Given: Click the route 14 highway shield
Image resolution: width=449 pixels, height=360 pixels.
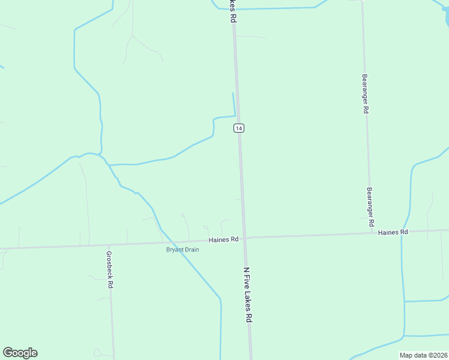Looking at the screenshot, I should point(239,128).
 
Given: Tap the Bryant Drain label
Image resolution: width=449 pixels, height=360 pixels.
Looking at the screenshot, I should point(182,250).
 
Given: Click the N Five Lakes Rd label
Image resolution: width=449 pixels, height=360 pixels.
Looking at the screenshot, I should point(247,295).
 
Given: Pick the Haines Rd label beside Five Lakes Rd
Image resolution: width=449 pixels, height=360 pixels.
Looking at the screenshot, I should point(224,239).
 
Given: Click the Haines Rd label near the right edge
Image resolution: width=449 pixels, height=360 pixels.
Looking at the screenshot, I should point(393,232).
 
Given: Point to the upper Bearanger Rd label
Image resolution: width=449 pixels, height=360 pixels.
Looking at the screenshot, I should point(365,94).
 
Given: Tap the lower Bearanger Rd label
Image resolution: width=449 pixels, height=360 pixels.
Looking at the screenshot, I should point(371,206).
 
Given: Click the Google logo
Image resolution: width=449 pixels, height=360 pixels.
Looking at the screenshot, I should point(20,353).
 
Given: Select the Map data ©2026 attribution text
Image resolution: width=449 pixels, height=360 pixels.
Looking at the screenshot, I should point(423,355).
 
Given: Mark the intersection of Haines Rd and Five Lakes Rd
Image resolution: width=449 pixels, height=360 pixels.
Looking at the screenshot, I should point(245,238).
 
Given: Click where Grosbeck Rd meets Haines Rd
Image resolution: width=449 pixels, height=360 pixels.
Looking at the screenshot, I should point(109,244).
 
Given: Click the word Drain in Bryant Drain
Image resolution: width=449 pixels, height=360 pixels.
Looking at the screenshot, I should point(191,250).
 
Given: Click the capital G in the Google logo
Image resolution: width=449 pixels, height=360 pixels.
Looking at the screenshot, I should point(8,353).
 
